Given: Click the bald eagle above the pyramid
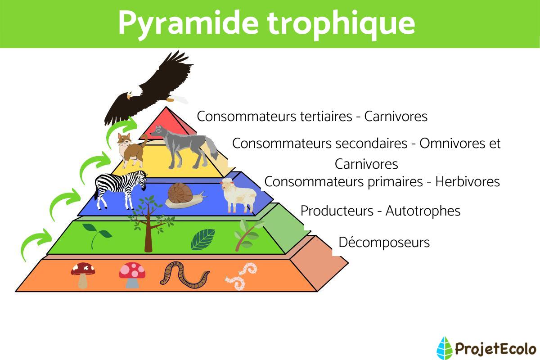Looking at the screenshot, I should pyautogui.click(x=148, y=88).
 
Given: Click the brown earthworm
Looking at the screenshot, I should pyautogui.click(x=184, y=274).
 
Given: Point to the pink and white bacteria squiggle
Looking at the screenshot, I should pyautogui.click(x=241, y=276).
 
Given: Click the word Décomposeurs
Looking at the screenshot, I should pyautogui.click(x=384, y=243).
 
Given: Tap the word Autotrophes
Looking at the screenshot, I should pyautogui.click(x=423, y=211).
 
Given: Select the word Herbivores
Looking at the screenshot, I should pyautogui.click(x=468, y=182).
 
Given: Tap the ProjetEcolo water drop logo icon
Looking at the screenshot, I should pyautogui.click(x=444, y=347).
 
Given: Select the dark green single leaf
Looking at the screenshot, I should pyautogui.click(x=203, y=239).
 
